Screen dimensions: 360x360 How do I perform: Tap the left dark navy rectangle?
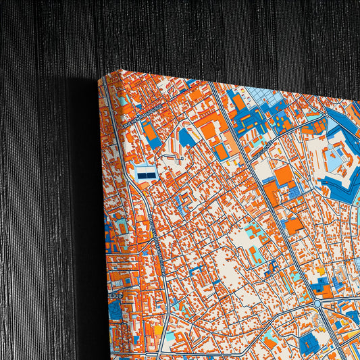point(142,174)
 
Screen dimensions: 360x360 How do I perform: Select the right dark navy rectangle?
point(151,174)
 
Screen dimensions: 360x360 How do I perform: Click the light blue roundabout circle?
point(317,305)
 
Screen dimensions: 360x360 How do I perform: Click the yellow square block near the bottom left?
point(159,331)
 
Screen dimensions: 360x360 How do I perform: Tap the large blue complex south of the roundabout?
point(311,342)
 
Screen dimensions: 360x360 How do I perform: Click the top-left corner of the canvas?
point(99,79)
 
